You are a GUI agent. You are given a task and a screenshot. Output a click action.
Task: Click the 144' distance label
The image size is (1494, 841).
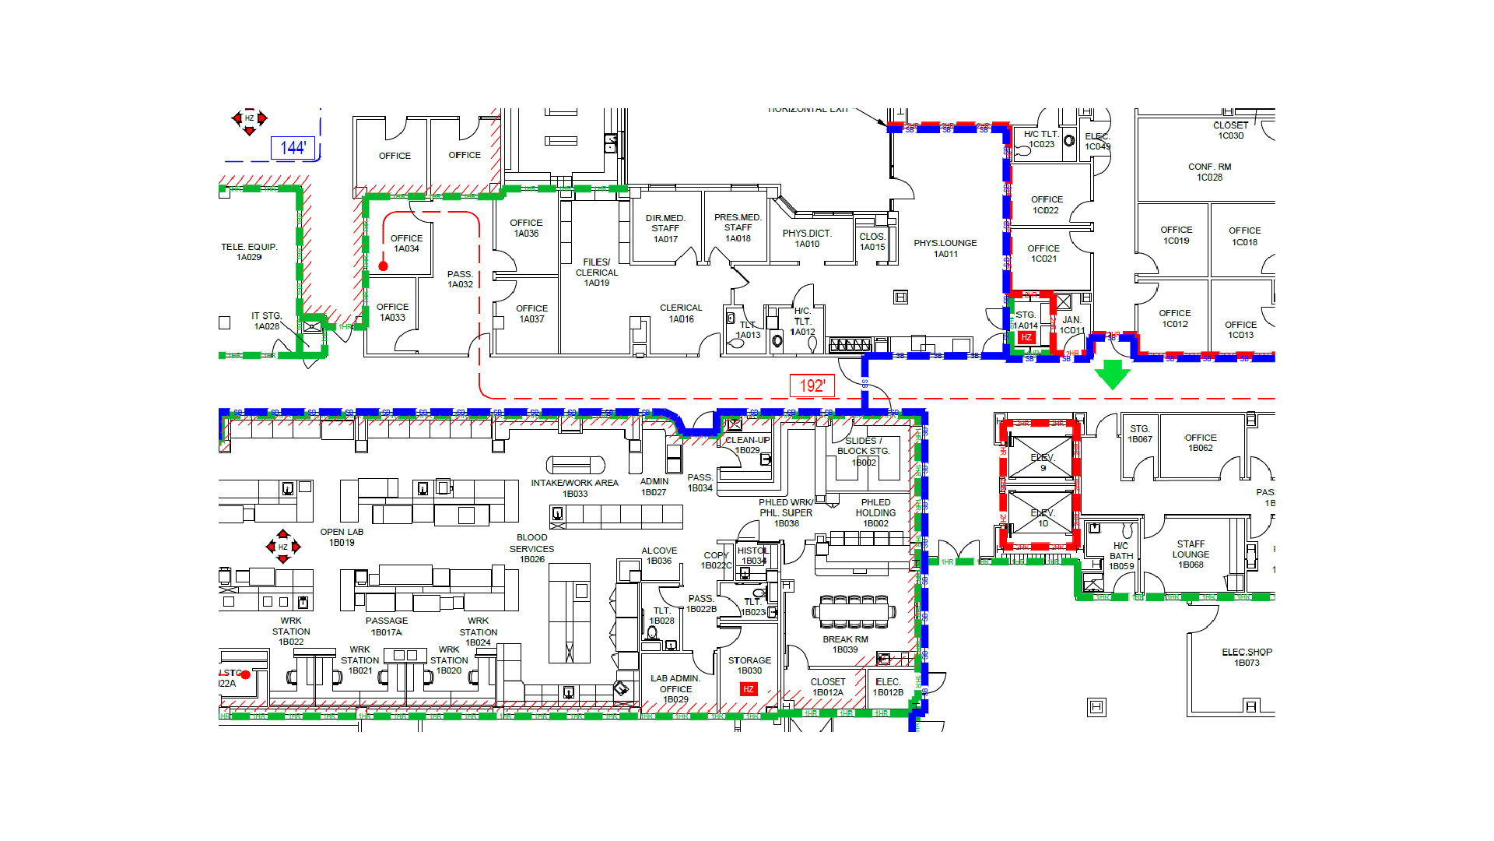[x=293, y=148]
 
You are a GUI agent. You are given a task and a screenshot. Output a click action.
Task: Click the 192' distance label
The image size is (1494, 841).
[x=812, y=385]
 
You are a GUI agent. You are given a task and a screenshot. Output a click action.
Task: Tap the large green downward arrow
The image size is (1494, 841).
[x=1112, y=374]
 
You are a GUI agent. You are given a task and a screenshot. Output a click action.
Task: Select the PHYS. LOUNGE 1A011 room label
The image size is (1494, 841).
[x=945, y=248]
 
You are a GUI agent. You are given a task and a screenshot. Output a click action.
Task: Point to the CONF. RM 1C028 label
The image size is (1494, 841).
[x=1209, y=172]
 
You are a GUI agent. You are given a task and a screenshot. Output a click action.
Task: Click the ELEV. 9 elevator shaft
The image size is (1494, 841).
[x=1041, y=459]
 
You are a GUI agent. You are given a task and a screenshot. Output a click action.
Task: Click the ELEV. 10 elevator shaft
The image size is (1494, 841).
[x=1041, y=514]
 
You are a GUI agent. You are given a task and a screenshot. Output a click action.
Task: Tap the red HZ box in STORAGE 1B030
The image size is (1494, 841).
[x=748, y=689]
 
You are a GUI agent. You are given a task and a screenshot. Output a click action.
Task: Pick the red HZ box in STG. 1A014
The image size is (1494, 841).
[x=1026, y=337]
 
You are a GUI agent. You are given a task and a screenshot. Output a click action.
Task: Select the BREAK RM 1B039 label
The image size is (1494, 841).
[x=845, y=645]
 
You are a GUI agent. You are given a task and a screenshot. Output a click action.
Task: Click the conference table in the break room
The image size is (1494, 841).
[x=854, y=612]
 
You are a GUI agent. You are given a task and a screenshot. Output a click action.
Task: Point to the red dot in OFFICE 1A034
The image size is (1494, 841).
[x=383, y=266]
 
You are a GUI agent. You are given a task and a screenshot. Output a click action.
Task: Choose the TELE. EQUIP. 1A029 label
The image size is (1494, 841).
[x=249, y=252]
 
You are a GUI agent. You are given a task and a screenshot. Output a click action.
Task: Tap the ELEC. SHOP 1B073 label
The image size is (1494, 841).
[x=1247, y=657]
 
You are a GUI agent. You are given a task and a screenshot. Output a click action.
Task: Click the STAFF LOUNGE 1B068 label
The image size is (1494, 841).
[x=1191, y=554]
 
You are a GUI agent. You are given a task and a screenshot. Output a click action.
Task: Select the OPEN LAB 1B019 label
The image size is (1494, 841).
[x=342, y=537]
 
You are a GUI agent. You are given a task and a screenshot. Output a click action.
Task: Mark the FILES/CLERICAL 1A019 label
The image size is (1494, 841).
[x=597, y=273]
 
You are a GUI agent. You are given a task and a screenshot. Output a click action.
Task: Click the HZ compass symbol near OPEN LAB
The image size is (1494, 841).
[x=283, y=547]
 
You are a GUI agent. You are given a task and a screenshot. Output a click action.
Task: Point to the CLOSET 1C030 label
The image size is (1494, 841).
[x=1230, y=130]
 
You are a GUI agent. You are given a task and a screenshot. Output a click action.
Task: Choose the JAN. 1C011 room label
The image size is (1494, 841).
[x=1071, y=325]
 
